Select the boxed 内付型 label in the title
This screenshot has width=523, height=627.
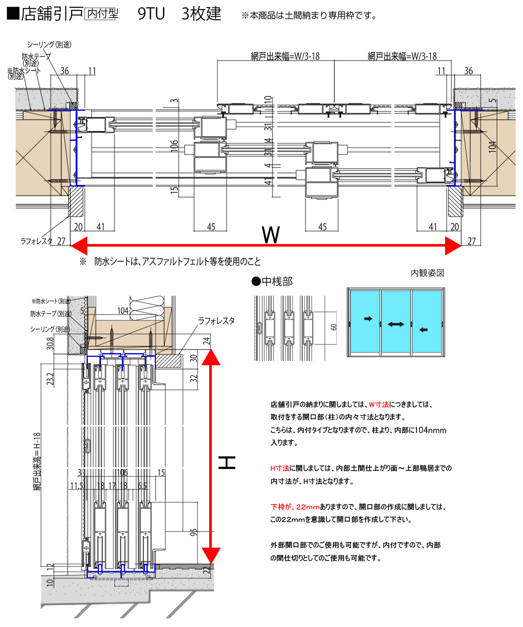click(101, 14)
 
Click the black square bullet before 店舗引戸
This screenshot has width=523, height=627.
click(13, 14)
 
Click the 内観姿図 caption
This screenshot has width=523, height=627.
click(427, 273)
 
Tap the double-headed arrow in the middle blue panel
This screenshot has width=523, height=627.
click(396, 324)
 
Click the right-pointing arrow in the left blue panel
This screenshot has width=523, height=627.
click(368, 318)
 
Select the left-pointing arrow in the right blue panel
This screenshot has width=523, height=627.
click(424, 329)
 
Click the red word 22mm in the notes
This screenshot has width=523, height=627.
click(308, 507)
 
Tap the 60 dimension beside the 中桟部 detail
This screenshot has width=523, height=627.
click(334, 327)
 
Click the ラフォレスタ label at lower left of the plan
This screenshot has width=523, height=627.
click(36, 241)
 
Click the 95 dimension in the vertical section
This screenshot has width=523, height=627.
click(193, 532)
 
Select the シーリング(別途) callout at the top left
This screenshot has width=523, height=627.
click(49, 44)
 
